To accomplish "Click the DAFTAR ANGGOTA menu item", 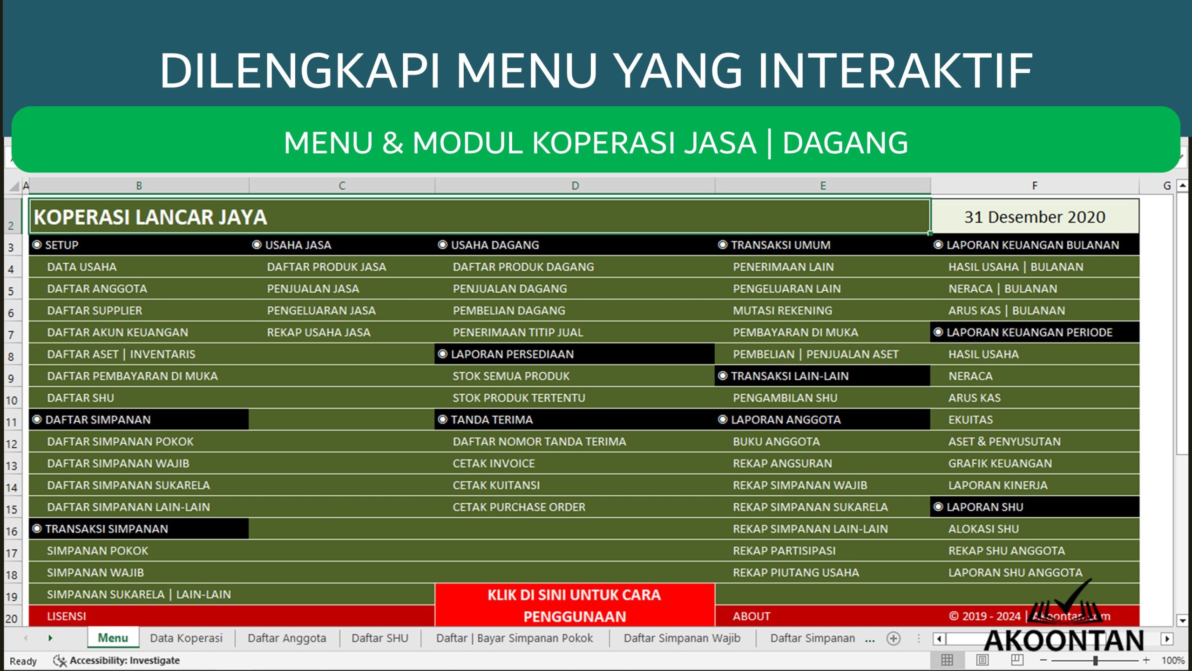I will coord(97,289).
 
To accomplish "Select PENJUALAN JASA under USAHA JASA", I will coord(312,289).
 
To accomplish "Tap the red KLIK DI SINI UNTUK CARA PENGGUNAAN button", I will coord(574,605).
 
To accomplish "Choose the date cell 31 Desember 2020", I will coord(1034,217).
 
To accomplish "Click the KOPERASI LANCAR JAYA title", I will coord(150,218).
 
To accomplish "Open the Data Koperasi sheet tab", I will coord(186,638).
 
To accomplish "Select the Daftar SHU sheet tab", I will coord(379,638).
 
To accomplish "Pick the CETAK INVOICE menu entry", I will coord(494,464).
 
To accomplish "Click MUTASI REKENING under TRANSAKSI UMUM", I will coord(782,311).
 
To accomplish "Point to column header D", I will coord(575,186).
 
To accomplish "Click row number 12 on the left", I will coord(12,444).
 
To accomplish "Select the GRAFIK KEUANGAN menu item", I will coord(1000,464).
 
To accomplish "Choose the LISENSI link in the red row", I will coord(67,616).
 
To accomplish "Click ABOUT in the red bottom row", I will coord(751,616).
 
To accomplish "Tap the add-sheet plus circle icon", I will coord(893,638).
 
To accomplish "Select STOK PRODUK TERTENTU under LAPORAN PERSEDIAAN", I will coord(519,398).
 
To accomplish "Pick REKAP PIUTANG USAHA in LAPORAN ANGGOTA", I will coord(795,573).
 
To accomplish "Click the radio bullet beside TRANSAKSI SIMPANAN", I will coord(37,529).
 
